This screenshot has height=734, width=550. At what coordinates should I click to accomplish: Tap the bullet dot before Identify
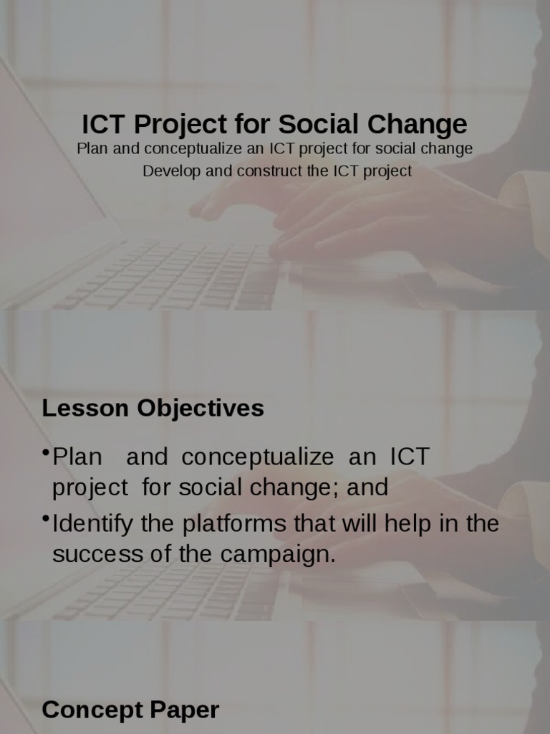click(x=46, y=518)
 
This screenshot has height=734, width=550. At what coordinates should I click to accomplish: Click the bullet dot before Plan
click(x=46, y=452)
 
